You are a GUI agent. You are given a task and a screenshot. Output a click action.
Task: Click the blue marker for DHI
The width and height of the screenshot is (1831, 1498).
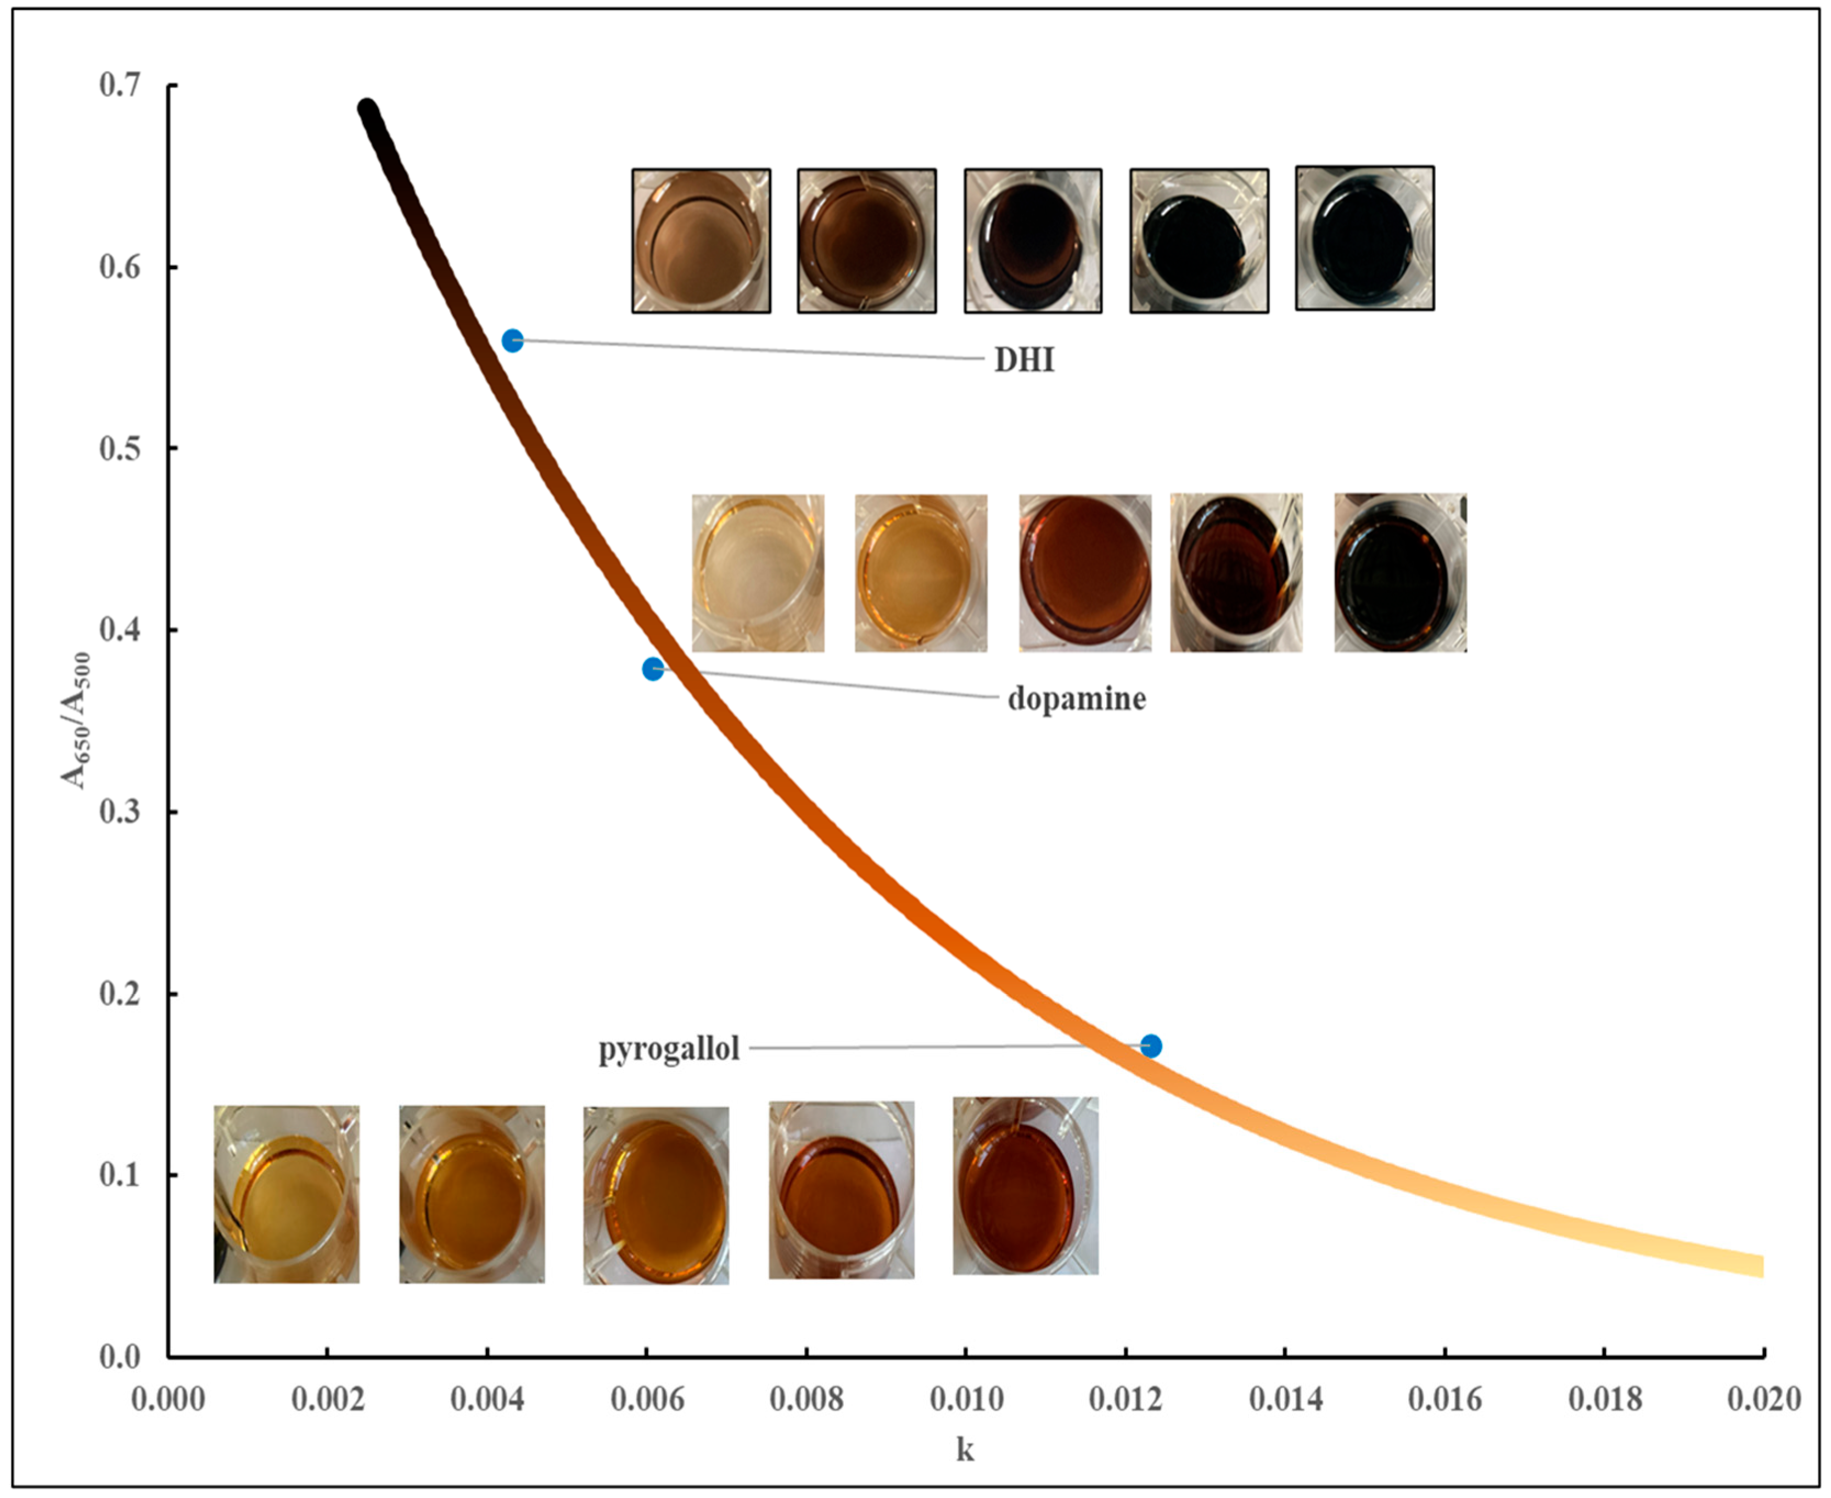click(513, 341)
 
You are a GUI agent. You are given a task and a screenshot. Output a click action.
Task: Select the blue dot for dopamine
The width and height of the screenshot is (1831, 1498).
click(653, 669)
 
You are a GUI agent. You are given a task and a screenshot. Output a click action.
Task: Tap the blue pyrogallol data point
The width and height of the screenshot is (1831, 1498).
click(1151, 1046)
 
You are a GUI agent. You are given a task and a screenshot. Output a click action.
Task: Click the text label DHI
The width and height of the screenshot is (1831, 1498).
click(1024, 360)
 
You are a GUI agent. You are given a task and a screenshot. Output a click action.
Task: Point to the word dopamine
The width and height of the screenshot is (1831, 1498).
click(1077, 698)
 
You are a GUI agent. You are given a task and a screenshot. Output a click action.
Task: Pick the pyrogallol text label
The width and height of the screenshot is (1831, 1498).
click(670, 1049)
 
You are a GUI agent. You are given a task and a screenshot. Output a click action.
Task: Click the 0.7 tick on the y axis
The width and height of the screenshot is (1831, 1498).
click(120, 86)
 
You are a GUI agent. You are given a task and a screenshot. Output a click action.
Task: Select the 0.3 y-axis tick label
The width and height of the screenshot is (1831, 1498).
click(120, 812)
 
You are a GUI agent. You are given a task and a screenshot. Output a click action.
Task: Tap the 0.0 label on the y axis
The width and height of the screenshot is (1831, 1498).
click(120, 1356)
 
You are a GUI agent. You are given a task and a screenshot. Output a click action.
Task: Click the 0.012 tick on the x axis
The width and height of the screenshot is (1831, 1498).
click(1125, 1399)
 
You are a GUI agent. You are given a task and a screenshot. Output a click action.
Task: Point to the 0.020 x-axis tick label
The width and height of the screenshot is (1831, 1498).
click(1763, 1399)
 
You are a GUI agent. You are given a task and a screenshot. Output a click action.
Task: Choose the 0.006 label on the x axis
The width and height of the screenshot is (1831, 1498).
click(647, 1399)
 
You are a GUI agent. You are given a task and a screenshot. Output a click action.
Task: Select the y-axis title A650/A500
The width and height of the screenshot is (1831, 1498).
click(76, 720)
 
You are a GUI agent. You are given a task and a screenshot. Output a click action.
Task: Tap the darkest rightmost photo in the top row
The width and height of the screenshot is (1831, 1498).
click(1365, 238)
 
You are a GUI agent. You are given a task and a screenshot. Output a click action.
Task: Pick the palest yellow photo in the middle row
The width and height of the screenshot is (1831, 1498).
click(758, 573)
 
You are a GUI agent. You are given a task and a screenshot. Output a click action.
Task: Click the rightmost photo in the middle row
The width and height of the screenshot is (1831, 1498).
click(1399, 573)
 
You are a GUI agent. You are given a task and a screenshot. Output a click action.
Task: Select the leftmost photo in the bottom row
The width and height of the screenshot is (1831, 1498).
click(287, 1194)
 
